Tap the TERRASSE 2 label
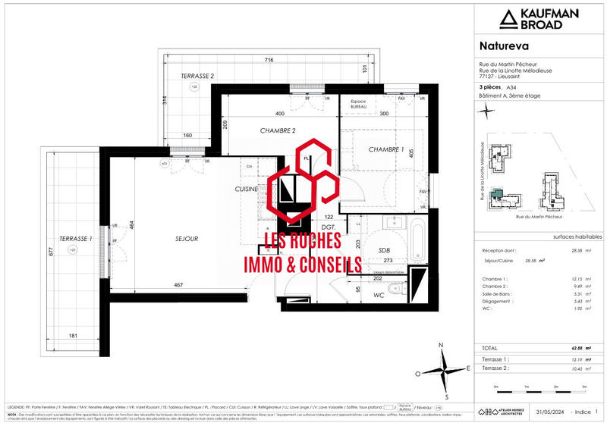pos(197,77)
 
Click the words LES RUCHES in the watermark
pos(300,245)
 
